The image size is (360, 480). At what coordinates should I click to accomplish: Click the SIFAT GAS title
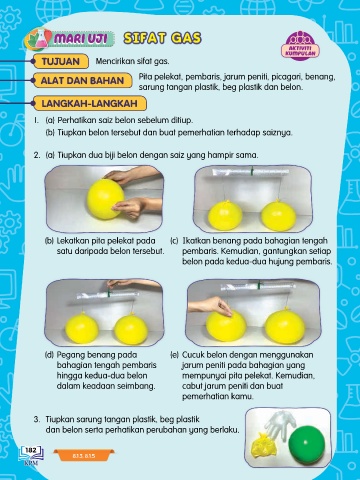click(x=162, y=38)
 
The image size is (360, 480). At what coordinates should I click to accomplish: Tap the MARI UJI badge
click(x=70, y=39)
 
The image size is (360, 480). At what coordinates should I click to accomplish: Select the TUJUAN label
click(x=61, y=62)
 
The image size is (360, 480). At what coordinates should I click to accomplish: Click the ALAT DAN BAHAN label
click(x=82, y=81)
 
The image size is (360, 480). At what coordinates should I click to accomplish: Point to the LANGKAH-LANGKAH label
click(x=89, y=103)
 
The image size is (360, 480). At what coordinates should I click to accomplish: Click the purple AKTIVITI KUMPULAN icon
click(x=300, y=45)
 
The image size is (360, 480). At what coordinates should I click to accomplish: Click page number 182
click(x=31, y=450)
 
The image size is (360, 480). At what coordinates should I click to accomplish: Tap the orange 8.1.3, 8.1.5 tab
click(x=84, y=455)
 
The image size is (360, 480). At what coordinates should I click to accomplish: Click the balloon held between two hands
click(x=105, y=199)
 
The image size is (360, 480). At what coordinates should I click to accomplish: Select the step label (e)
click(x=174, y=355)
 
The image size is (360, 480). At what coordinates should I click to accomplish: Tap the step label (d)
click(x=49, y=355)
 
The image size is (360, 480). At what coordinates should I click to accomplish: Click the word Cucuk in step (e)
click(x=193, y=355)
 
